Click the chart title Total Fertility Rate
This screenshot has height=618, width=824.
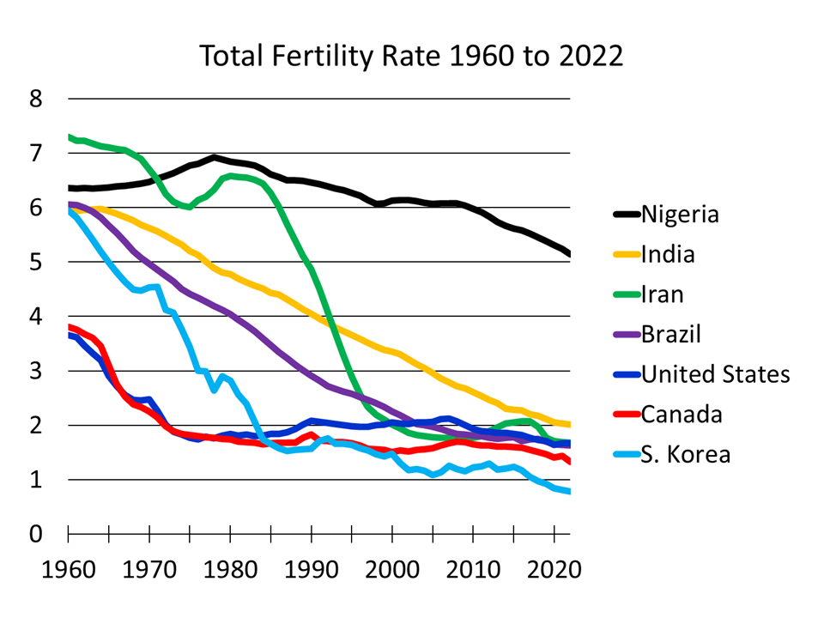(411, 56)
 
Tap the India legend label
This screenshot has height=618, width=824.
(668, 254)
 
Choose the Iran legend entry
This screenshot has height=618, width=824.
(663, 294)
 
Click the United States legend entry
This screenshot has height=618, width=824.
(715, 374)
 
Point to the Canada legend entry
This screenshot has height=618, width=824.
(682, 415)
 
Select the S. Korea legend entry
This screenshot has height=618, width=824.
(686, 454)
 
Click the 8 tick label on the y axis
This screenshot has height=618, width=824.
(35, 99)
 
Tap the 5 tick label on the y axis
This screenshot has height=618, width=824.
(35, 262)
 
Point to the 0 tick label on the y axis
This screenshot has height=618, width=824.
(35, 534)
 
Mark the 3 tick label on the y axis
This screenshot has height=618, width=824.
(35, 371)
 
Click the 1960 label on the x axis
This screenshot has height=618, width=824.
(68, 569)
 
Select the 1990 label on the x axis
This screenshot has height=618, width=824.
(311, 569)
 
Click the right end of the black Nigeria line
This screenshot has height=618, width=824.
(569, 254)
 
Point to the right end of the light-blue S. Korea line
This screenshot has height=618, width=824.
(569, 491)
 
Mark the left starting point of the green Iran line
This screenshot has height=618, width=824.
(69, 136)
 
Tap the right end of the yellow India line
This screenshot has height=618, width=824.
(569, 424)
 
